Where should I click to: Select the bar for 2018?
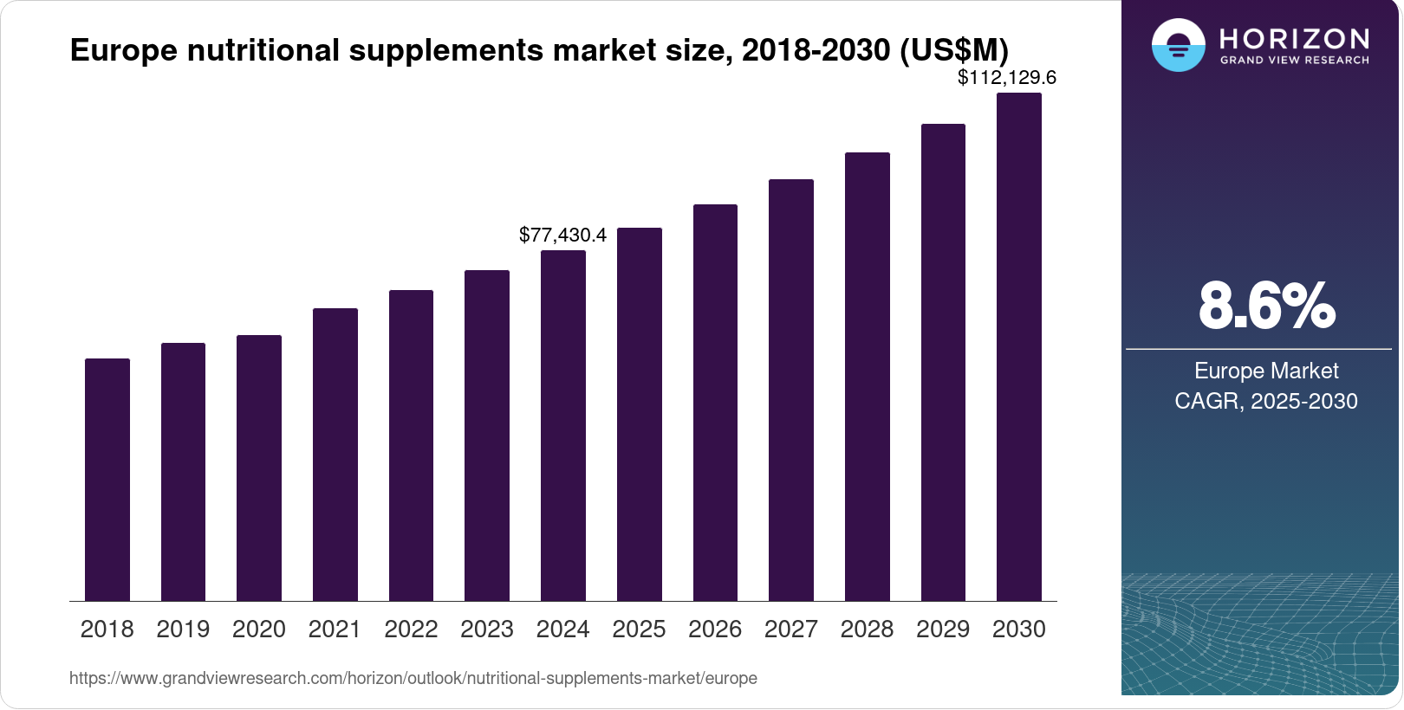(107, 480)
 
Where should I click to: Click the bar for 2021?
(335, 455)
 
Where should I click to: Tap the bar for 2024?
(563, 426)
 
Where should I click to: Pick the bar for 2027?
(791, 390)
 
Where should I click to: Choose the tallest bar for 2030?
(1019, 347)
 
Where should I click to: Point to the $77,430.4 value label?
(562, 235)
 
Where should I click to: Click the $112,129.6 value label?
(1006, 78)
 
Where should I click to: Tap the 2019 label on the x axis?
(183, 629)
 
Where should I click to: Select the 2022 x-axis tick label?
(411, 629)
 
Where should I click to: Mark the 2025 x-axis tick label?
(639, 629)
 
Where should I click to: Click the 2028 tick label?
(867, 629)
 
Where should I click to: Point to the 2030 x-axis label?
(1019, 629)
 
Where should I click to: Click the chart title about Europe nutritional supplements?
(539, 50)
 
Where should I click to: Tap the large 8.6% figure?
(1266, 306)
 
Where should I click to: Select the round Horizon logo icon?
(1178, 45)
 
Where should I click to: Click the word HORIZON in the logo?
(1295, 38)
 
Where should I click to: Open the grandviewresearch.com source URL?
(413, 678)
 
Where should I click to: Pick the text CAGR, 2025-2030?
(1266, 401)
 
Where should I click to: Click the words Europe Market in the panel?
(1266, 371)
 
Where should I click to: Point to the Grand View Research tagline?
(1295, 61)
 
